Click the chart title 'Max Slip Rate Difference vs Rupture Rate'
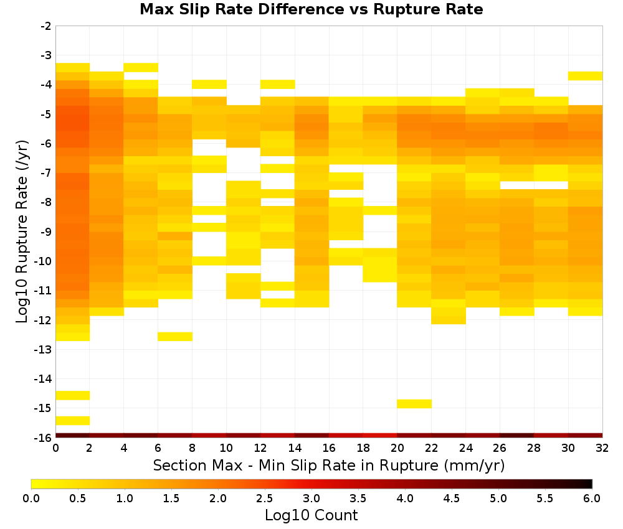coord(311,9)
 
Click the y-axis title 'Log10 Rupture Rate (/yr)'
coord(22,232)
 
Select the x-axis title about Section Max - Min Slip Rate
coord(328,465)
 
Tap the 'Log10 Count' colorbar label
coord(311,515)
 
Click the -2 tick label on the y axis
coord(45,26)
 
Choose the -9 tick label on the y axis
coord(45,232)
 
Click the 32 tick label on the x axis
coord(602,448)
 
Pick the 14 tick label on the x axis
coord(295,448)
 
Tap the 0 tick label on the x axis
coord(55,448)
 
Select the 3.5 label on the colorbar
coord(358,499)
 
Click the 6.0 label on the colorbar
coord(592,499)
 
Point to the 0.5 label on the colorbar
coord(77,499)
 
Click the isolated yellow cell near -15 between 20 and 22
coord(414,403)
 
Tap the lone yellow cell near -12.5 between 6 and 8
coord(175,337)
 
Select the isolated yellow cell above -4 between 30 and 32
coord(585,76)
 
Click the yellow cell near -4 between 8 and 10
coord(209,84)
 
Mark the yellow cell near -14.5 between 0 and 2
coord(73,395)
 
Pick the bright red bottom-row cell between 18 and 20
coord(380,436)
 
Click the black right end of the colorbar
coord(589,484)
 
